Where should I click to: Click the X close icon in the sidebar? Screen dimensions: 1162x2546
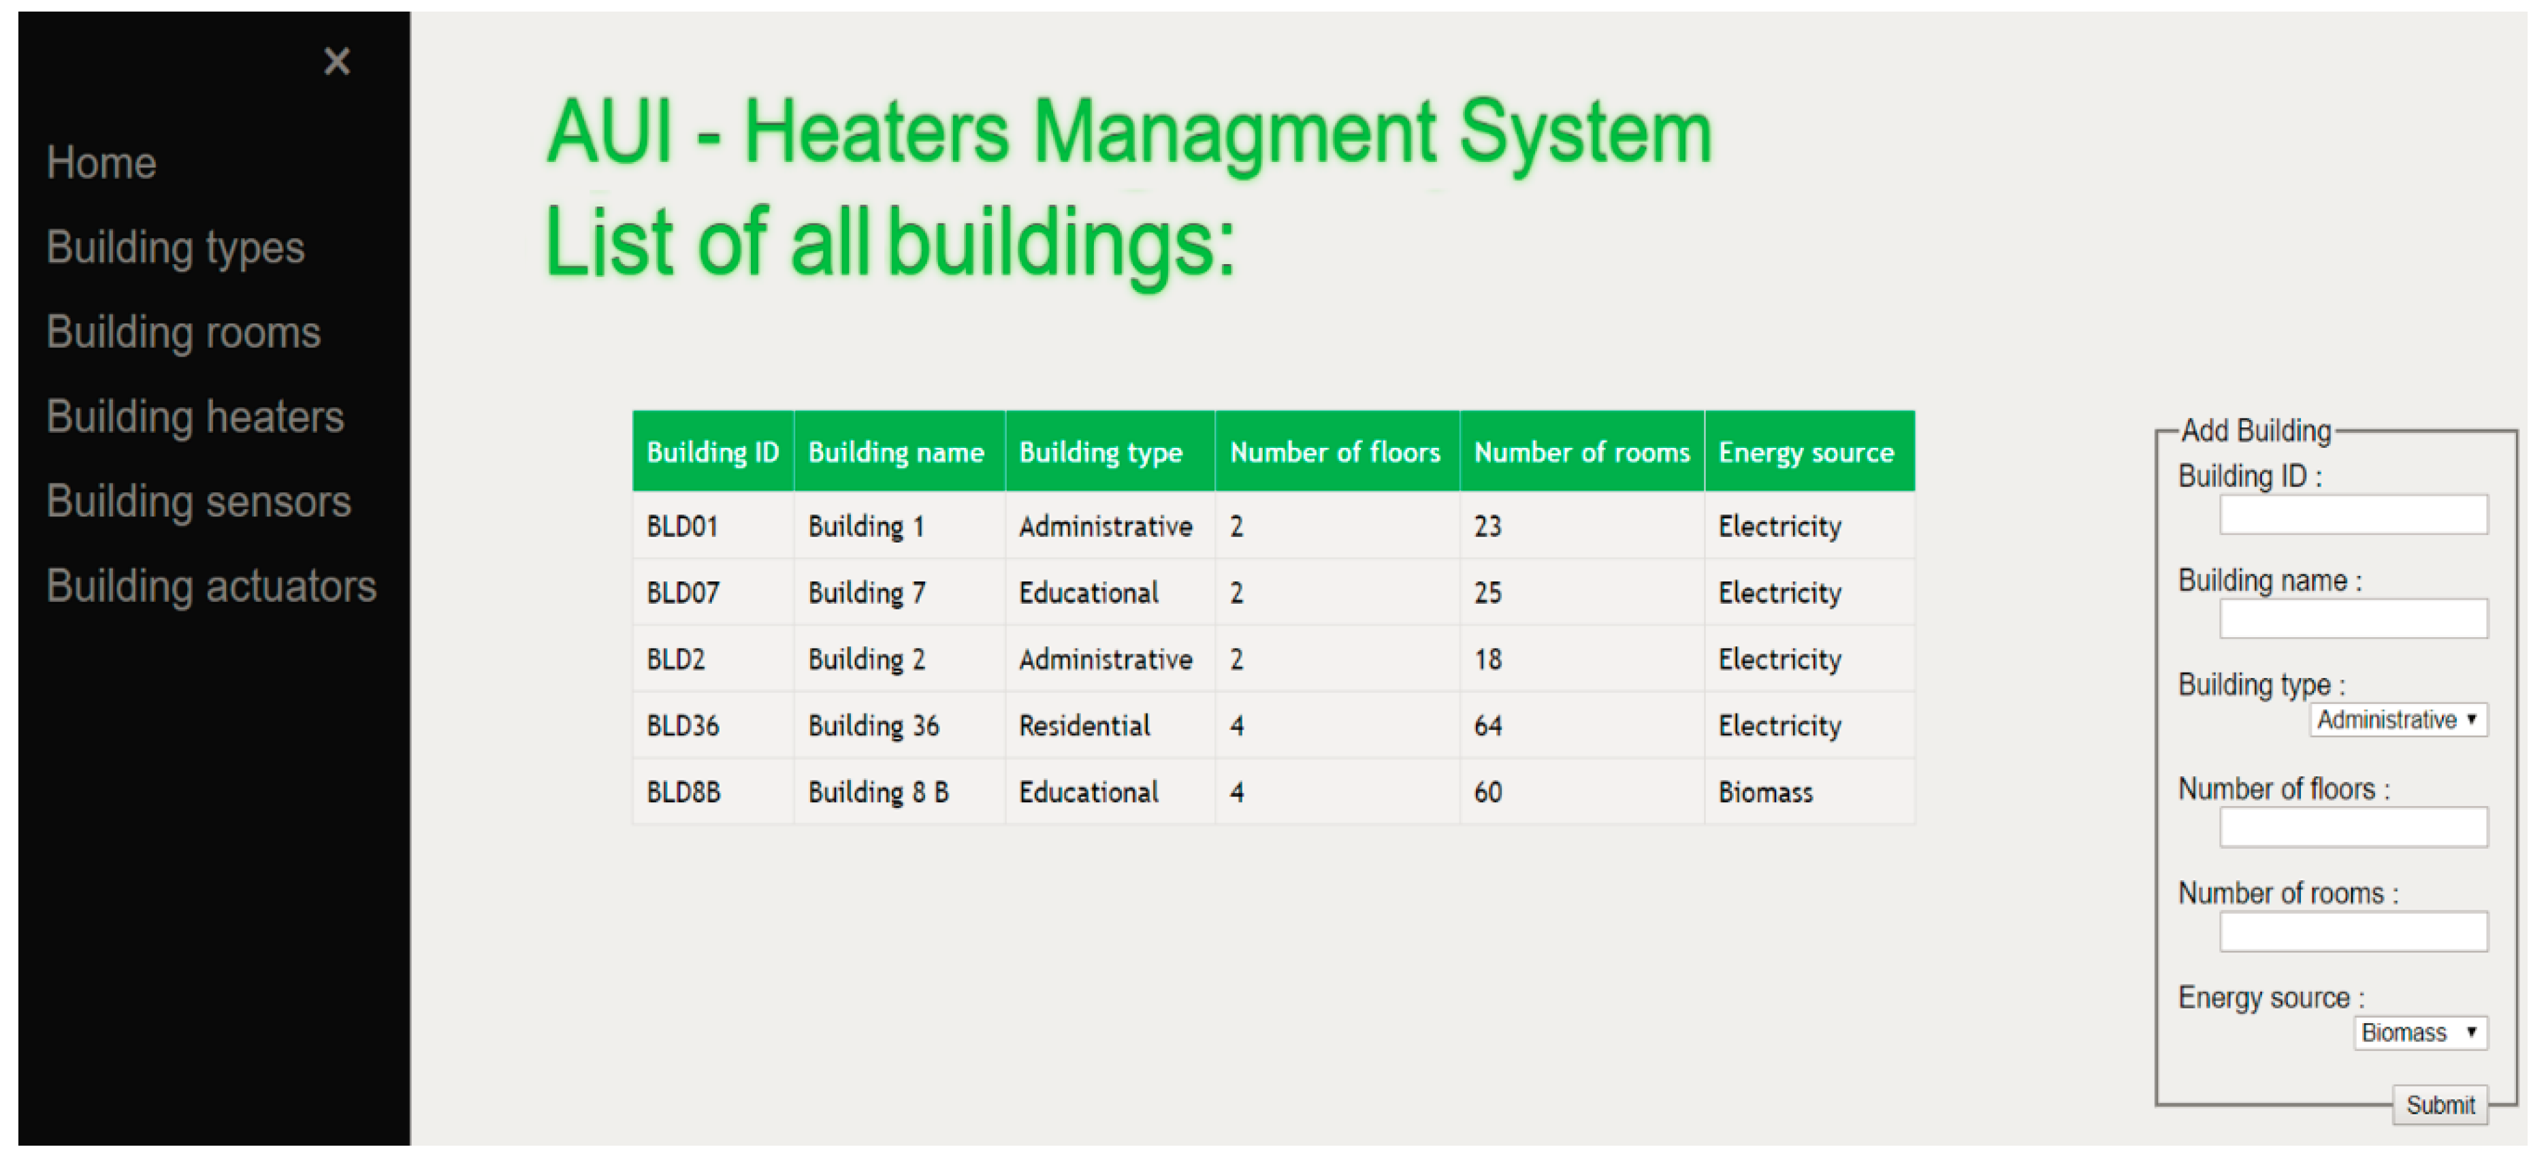[337, 61]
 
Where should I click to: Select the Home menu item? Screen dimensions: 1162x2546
[102, 163]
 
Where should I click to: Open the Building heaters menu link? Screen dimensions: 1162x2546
[195, 417]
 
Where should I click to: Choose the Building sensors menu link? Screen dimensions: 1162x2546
[199, 502]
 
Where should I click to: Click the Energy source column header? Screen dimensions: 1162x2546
[1806, 453]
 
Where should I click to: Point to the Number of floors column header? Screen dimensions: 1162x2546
[1334, 453]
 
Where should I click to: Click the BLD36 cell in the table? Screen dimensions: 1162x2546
[682, 726]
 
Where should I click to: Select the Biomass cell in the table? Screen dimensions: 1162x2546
[1765, 792]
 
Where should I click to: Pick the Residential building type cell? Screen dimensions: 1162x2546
[1084, 726]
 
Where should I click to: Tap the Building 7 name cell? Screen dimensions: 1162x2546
[866, 593]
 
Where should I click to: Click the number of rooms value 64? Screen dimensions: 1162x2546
[1487, 726]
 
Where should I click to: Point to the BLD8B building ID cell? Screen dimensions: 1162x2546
[683, 792]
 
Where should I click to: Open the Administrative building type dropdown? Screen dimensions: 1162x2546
[2397, 720]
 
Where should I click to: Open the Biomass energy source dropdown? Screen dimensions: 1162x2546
[2419, 1033]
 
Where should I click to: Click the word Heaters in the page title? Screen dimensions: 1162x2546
[877, 133]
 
